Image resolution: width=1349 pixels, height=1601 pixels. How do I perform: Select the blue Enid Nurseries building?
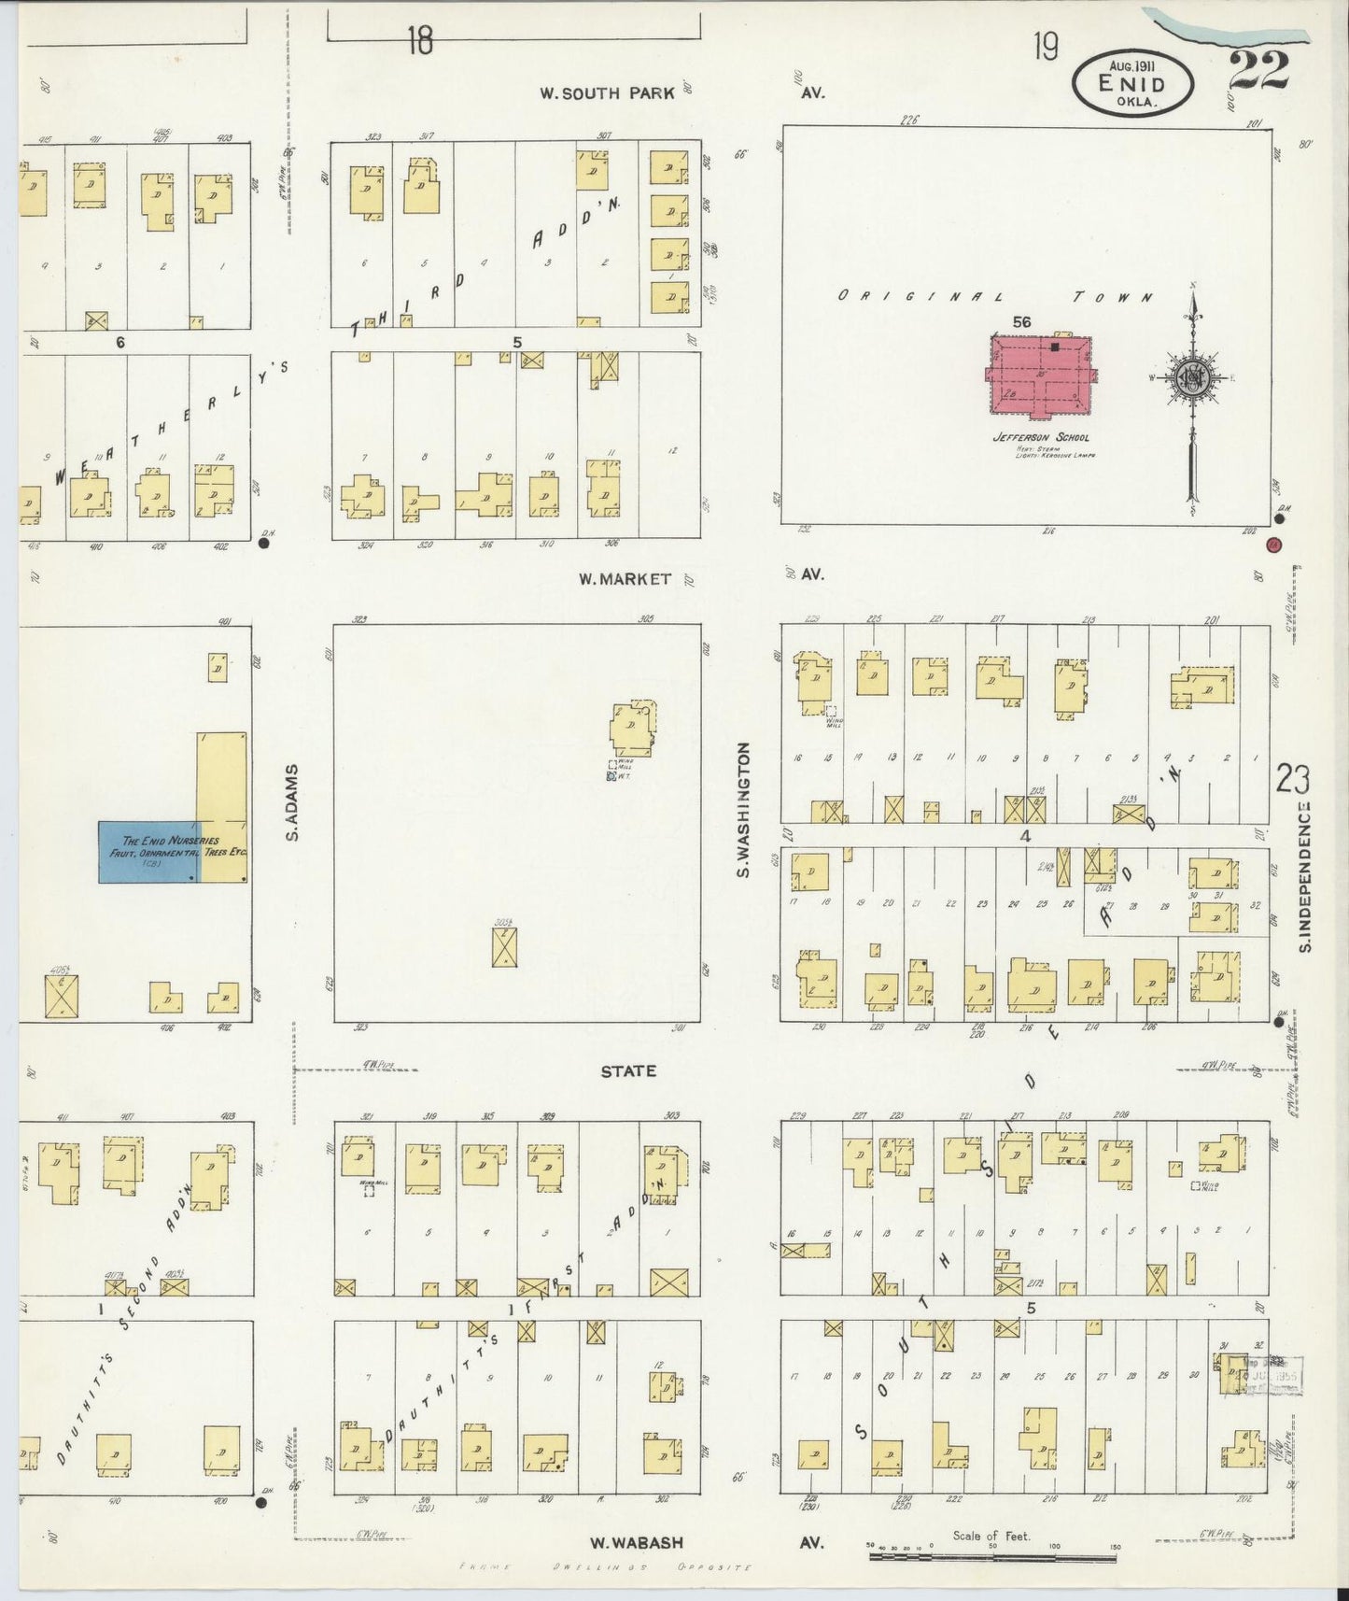147,852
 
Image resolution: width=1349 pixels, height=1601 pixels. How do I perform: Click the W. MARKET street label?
624,579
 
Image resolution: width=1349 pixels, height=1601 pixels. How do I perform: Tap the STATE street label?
628,1070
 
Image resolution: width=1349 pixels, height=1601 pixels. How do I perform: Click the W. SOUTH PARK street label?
607,92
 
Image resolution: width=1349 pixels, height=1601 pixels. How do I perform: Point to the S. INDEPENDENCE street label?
1305,877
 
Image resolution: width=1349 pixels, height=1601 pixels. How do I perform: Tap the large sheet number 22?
1258,71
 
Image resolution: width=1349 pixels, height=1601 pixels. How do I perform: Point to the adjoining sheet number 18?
420,41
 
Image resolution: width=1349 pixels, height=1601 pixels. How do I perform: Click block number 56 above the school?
1022,321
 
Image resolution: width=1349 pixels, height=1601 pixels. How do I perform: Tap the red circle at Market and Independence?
1273,545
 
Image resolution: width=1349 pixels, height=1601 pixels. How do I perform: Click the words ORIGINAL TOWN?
994,297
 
